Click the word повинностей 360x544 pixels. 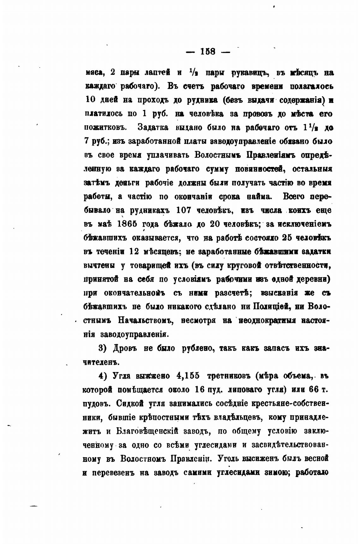click(x=258, y=169)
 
